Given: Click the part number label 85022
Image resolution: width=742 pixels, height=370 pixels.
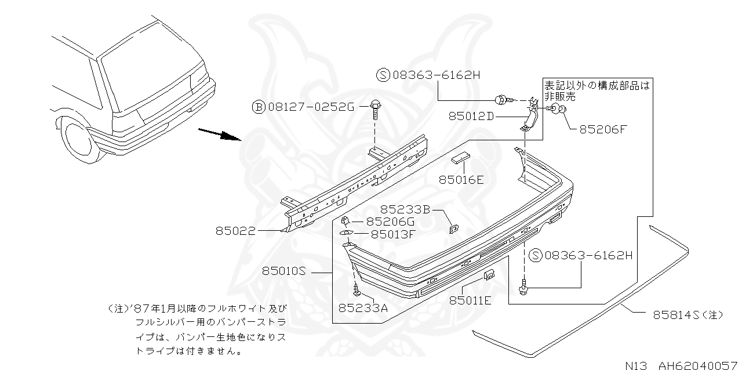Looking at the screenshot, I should tap(235, 231).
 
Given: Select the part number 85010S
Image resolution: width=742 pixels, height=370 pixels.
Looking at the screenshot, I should tap(283, 270).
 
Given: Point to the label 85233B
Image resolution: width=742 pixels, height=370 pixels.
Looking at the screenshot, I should tap(405, 209).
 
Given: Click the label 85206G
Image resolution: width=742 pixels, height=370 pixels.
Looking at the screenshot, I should tap(391, 222).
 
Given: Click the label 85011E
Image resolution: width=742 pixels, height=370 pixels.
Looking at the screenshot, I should tap(470, 300).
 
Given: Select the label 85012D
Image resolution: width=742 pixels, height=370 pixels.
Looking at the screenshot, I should tap(471, 116).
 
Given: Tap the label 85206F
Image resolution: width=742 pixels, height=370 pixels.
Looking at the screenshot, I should tap(603, 129).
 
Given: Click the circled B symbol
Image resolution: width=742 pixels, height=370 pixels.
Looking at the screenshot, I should tap(258, 107).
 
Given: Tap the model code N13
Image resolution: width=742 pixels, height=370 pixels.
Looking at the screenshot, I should tap(638, 365).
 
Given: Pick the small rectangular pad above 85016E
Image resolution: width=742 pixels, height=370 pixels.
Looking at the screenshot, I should tap(462, 158).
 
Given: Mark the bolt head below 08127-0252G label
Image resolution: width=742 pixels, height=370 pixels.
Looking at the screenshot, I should tap(374, 106).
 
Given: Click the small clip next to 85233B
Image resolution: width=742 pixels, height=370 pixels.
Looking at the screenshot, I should tap(453, 228).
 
